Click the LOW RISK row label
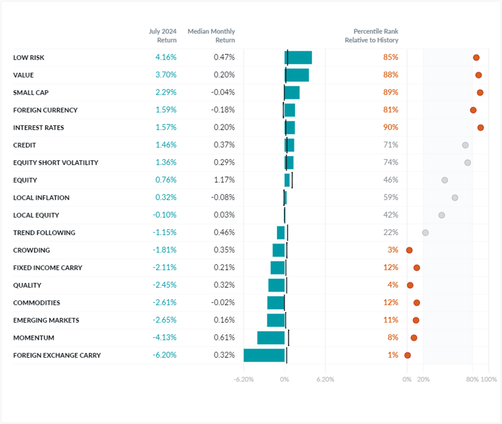29,58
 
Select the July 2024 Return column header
162,36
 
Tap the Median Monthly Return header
211,36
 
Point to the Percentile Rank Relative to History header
371,36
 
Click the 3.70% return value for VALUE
166,75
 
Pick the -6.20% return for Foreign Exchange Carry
164,355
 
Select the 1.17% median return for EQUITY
224,180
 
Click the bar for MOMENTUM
271,338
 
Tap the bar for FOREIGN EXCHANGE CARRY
264,355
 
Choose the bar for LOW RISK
298,58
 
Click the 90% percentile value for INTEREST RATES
390,128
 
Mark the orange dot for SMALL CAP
480,93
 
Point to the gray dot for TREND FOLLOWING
425,233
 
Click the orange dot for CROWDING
409,250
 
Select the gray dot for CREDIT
465,145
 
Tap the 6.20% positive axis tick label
325,380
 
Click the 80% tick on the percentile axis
472,380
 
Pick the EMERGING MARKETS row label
46,321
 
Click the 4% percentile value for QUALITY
392,285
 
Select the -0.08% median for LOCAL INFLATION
223,198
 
